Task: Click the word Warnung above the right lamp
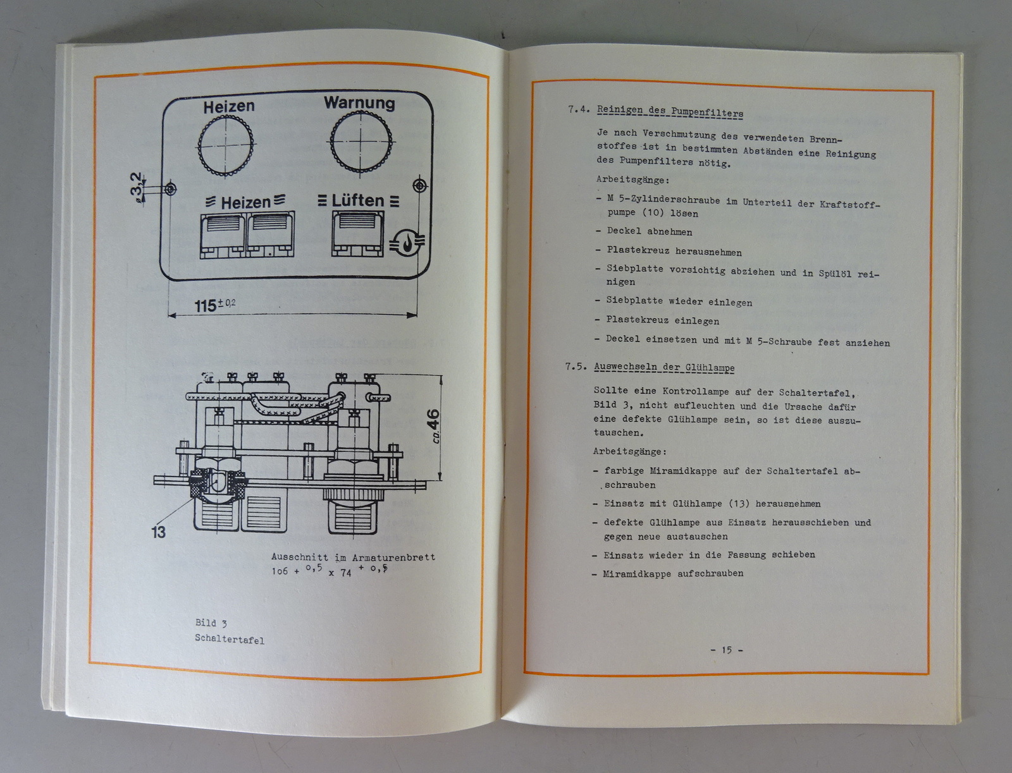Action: [359, 103]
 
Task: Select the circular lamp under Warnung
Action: [361, 140]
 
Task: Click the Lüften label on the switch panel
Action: [358, 200]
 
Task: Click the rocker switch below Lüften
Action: [357, 234]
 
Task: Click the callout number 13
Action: [158, 532]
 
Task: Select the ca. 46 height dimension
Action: [434, 425]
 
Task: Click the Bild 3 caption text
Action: [211, 623]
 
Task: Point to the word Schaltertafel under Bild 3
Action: [230, 640]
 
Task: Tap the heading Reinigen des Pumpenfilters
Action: [670, 112]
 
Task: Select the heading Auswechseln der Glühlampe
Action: [664, 367]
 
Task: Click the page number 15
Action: [727, 650]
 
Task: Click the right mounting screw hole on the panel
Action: [419, 186]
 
